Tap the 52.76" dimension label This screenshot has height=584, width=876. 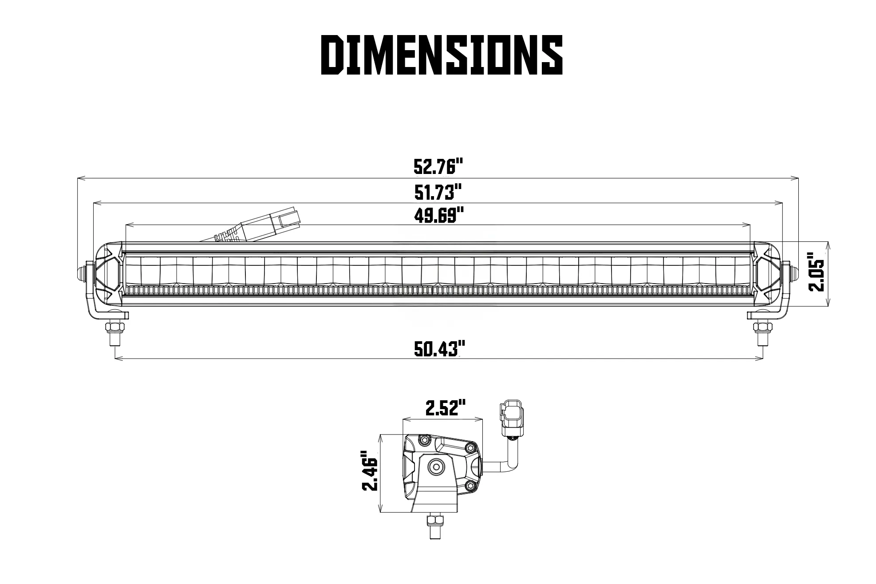[x=438, y=167]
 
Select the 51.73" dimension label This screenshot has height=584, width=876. [x=439, y=193]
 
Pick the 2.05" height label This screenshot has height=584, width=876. [x=817, y=272]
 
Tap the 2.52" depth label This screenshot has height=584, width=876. [x=445, y=407]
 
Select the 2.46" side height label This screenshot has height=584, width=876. [x=370, y=471]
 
